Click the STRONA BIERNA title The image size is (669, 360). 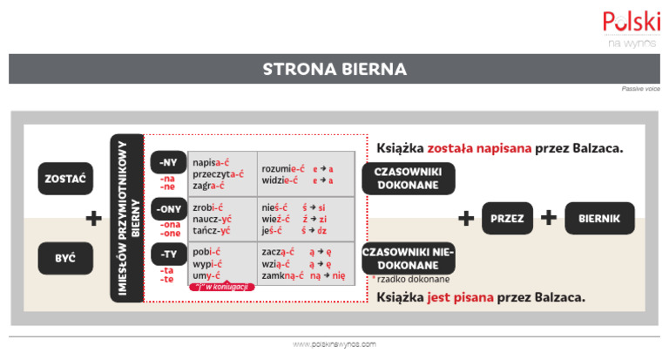coord(334,69)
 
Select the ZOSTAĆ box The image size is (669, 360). coord(64,179)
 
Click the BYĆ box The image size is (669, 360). coord(64,258)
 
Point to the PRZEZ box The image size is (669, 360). coord(507,218)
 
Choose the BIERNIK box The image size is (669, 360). coord(598,218)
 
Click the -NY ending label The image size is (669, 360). coord(168,163)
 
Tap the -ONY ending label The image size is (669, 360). coord(168,210)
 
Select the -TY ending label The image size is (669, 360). coord(168,255)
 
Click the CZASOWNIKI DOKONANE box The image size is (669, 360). coord(408,178)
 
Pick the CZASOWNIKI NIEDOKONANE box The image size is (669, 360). coord(408,258)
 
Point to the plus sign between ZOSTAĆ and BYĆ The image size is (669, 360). coord(93,219)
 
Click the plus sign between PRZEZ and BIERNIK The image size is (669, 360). coord(548,218)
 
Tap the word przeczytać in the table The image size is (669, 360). coord(218,173)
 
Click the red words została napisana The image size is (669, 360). coord(483,148)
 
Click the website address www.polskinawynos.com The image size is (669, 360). coord(334,344)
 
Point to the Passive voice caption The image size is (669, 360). coord(640,89)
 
